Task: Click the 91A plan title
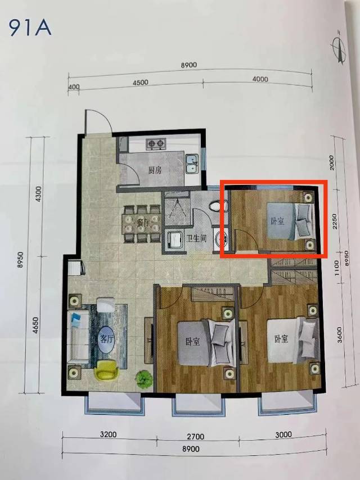[x=30, y=29]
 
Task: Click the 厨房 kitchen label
[x=155, y=170]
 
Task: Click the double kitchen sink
[x=192, y=165]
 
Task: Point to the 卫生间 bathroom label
[x=197, y=238]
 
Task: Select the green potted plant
[x=144, y=379]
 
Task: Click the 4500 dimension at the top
[x=140, y=83]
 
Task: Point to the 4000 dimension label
[x=260, y=79]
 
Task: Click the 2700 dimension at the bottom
[x=196, y=436]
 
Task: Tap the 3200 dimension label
[x=108, y=434]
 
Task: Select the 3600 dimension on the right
[x=339, y=334]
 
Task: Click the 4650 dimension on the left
[x=35, y=325]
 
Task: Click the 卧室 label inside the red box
[x=277, y=221]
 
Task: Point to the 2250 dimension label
[x=335, y=221]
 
